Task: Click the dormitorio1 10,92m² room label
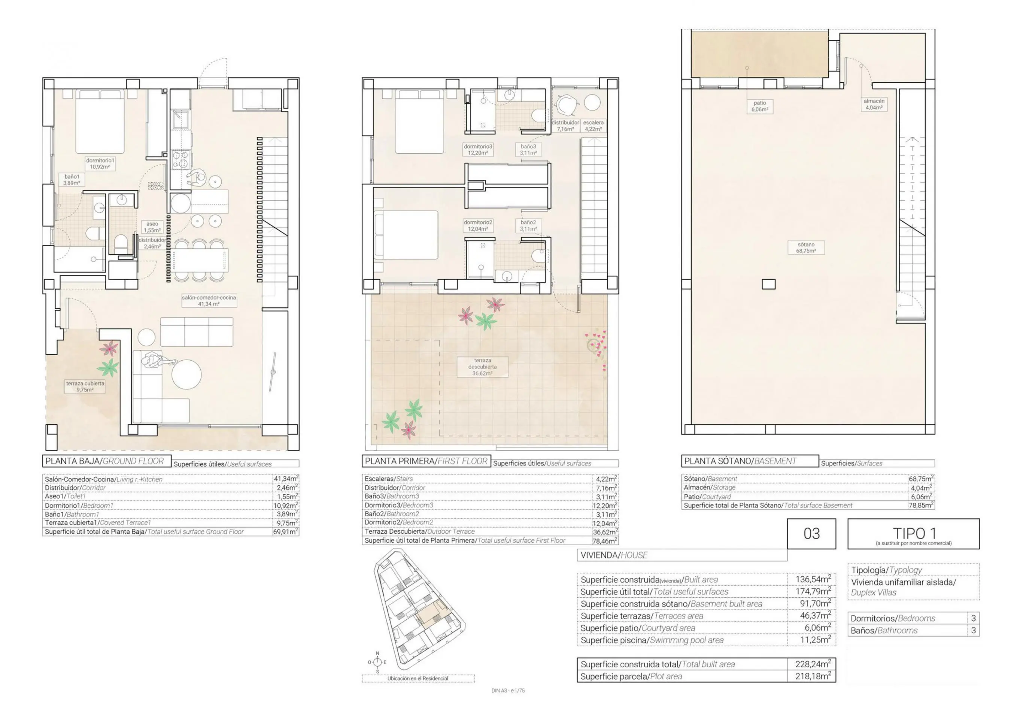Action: coord(100,164)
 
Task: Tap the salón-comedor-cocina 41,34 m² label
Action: coord(209,300)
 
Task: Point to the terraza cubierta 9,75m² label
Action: coord(85,386)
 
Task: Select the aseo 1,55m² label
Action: coord(152,227)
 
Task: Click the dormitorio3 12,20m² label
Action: coord(477,149)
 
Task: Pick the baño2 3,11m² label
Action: coord(528,225)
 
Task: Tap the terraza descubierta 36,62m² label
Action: coord(482,367)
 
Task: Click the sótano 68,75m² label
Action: coord(806,247)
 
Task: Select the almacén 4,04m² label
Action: coord(874,104)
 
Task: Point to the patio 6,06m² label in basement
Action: coord(760,106)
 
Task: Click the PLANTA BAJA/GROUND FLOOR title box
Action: coord(107,461)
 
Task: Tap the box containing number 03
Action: coord(811,533)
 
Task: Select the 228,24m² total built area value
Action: coord(813,664)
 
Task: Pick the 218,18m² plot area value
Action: coord(813,676)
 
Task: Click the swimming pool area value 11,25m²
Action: coord(816,640)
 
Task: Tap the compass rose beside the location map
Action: coord(377,662)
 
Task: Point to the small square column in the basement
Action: coord(768,284)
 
